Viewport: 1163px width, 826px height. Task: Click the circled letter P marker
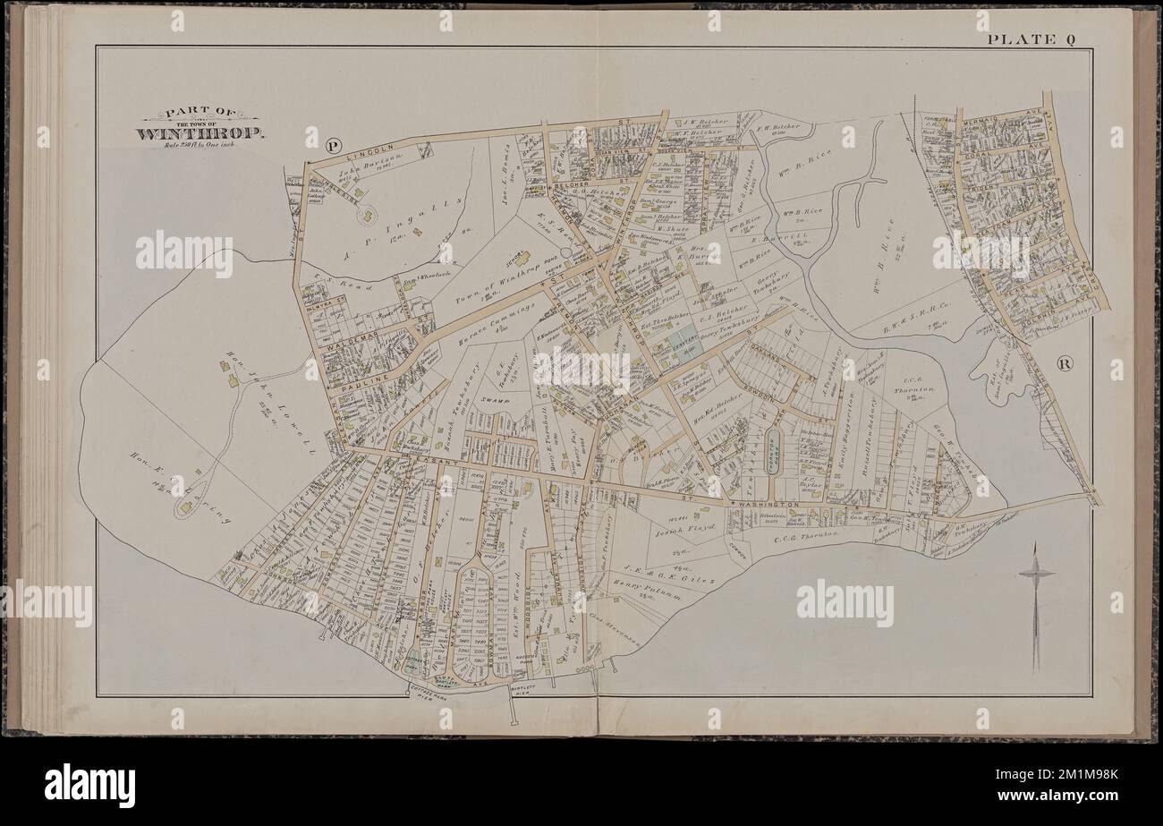click(x=335, y=144)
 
